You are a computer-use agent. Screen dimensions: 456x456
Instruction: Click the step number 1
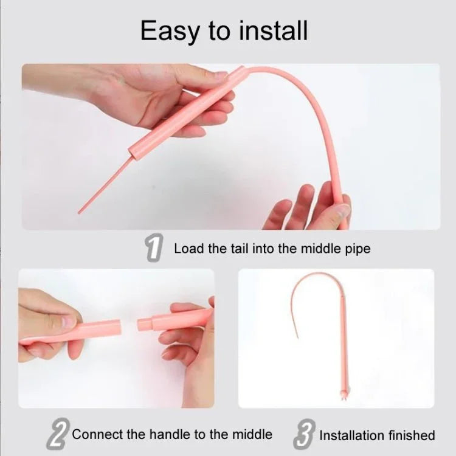[x=154, y=249]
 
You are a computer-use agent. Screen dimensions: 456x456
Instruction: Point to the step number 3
[x=303, y=434]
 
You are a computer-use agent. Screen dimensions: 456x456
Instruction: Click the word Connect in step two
[x=95, y=434]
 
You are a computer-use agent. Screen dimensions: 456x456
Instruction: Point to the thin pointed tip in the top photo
[x=81, y=212]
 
